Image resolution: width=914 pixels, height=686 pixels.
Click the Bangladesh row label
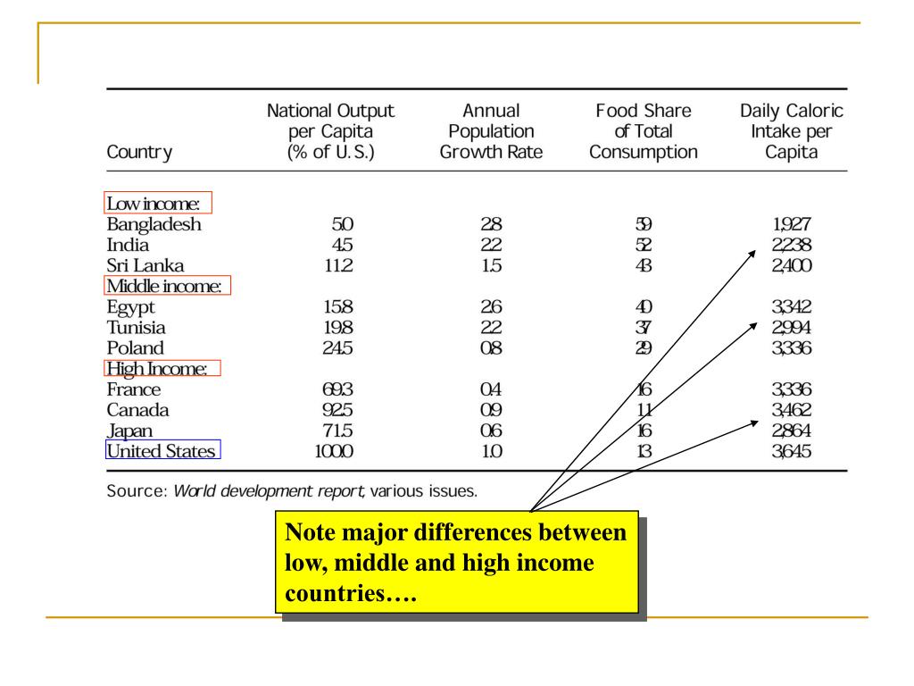tap(154, 224)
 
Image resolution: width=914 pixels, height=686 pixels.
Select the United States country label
tap(162, 451)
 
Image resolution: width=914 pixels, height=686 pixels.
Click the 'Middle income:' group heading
tap(167, 286)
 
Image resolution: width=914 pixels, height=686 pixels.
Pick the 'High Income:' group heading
tap(162, 368)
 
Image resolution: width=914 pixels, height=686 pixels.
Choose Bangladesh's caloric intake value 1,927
tap(793, 224)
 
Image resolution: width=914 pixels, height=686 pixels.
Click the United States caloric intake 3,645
tap(793, 451)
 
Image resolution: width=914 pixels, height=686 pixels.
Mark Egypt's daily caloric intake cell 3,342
tap(793, 307)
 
